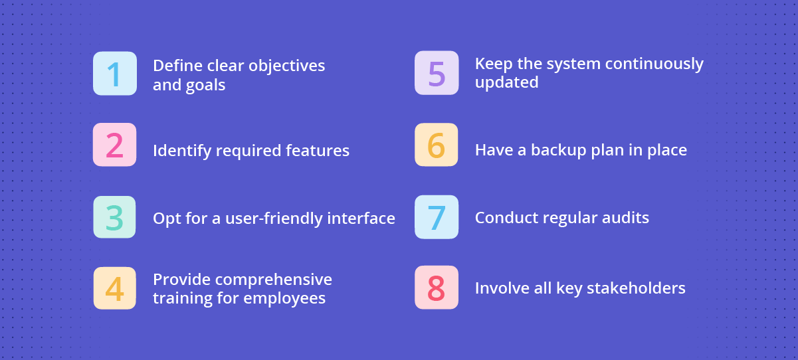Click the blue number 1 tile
[115, 74]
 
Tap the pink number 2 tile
[115, 145]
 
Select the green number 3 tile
[115, 217]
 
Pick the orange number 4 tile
[115, 288]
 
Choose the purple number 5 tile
[437, 73]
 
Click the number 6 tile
[437, 145]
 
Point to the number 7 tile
[437, 217]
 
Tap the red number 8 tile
[437, 288]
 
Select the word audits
[625, 218]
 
